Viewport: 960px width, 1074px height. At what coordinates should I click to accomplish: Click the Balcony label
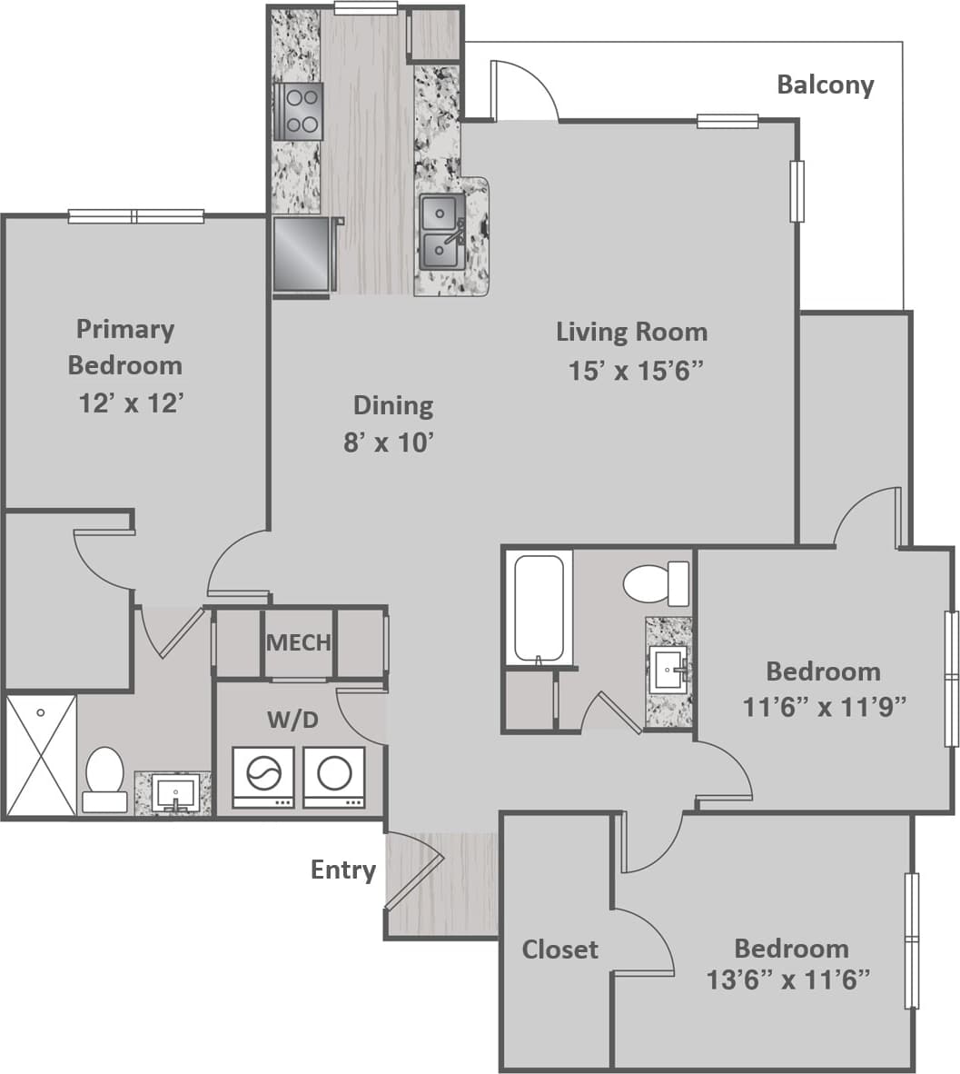[x=825, y=85]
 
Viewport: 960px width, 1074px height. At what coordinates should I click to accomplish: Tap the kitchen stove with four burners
[x=299, y=111]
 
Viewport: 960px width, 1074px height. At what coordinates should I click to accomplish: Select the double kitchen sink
[x=441, y=232]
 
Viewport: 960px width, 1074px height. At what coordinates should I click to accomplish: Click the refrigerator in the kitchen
[x=302, y=254]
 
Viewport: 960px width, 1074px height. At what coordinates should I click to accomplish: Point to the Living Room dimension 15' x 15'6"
[x=636, y=371]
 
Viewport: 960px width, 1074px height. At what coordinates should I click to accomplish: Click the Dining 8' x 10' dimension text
[x=388, y=443]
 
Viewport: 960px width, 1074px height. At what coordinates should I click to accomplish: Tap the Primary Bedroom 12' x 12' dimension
[x=132, y=403]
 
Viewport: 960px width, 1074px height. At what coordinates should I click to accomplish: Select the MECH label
[x=298, y=642]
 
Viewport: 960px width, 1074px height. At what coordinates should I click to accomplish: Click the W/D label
[x=292, y=721]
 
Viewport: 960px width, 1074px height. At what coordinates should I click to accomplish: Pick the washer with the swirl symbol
[x=262, y=777]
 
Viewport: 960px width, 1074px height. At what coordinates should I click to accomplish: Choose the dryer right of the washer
[x=333, y=777]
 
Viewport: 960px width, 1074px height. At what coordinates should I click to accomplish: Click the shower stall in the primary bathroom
[x=41, y=755]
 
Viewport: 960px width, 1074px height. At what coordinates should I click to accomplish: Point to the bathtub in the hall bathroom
[x=538, y=607]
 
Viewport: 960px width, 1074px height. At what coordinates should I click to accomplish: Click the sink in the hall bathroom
[x=668, y=671]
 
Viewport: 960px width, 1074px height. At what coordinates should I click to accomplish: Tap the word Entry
[x=342, y=870]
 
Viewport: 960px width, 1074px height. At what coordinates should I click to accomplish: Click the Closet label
[x=559, y=950]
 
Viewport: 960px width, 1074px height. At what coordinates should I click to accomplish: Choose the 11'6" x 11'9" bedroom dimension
[x=825, y=706]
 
